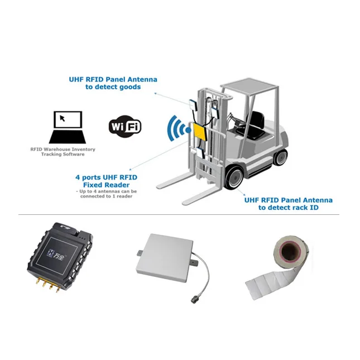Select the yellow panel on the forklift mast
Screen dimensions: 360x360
point(199,132)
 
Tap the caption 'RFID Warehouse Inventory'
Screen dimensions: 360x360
point(63,149)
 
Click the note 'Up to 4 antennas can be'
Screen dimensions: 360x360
point(105,191)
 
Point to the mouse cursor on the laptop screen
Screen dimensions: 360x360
point(63,118)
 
